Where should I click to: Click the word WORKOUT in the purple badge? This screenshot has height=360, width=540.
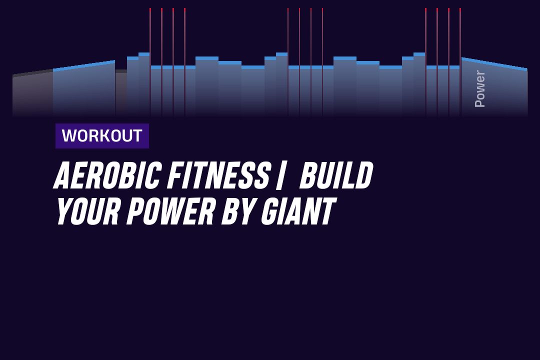[x=102, y=135]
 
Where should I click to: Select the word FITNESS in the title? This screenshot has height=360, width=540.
[x=217, y=175]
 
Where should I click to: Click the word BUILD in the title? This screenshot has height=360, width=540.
[x=336, y=175]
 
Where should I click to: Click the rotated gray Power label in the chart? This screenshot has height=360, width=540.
[x=479, y=88]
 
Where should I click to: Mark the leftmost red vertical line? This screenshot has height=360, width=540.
[x=150, y=62]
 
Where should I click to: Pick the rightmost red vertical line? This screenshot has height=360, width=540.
[x=460, y=62]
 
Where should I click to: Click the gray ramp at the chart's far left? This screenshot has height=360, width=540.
[x=32, y=93]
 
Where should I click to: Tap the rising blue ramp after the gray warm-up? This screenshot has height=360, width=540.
[x=84, y=89]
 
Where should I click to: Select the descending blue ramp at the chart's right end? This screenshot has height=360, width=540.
[x=494, y=88]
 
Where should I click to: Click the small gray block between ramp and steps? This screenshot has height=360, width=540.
[x=121, y=92]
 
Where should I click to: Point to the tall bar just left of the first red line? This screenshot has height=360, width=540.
[x=144, y=84]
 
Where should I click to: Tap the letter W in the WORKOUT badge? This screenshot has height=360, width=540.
[x=68, y=135]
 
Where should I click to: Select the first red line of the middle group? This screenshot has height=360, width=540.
[x=288, y=62]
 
